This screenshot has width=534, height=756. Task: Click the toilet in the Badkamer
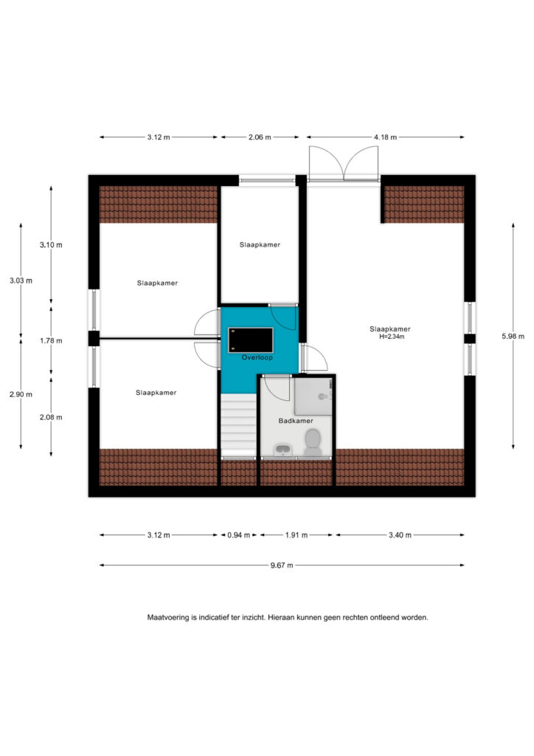[313, 443]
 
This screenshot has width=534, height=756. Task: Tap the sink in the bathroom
[282, 450]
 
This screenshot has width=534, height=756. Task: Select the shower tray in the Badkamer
[313, 396]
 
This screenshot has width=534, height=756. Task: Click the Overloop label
[257, 357]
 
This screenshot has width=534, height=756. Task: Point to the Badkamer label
[296, 421]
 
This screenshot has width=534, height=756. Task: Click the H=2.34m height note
[392, 337]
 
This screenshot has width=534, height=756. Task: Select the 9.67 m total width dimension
[282, 565]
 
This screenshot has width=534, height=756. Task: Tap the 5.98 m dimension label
[513, 336]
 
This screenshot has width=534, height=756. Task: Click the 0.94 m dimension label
[239, 535]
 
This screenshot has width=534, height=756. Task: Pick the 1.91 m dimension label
[296, 535]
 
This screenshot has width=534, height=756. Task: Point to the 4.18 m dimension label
[385, 137]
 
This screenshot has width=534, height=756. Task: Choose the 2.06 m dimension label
[260, 137]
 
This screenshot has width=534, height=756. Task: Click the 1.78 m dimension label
[51, 340]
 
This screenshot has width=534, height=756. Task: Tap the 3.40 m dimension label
[400, 535]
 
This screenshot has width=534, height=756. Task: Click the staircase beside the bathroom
[238, 425]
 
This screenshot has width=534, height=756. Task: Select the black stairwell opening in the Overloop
[250, 340]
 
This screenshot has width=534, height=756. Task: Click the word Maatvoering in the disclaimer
[168, 617]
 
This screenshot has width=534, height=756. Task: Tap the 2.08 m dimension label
[51, 417]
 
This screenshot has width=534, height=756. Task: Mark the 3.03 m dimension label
[21, 280]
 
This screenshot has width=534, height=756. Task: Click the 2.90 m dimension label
[21, 394]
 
